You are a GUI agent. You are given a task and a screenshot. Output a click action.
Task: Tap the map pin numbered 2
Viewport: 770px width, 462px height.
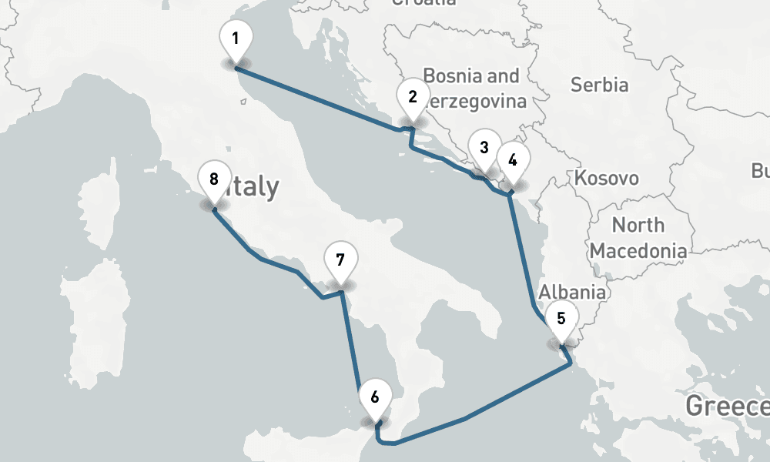(413, 99)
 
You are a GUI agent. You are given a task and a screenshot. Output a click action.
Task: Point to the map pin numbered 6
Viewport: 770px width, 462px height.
(375, 399)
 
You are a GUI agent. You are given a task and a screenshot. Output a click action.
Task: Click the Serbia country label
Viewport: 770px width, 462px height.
(599, 85)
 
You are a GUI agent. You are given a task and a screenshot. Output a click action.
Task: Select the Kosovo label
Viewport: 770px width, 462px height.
(607, 179)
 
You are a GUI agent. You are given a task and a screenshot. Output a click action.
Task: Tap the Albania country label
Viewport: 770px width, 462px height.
(572, 293)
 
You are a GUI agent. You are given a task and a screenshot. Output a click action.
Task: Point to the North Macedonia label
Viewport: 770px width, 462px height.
(638, 238)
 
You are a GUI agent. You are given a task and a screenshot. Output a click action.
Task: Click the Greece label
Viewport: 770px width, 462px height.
(727, 405)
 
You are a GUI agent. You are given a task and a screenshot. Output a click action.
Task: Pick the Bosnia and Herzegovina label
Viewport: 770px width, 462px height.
(471, 89)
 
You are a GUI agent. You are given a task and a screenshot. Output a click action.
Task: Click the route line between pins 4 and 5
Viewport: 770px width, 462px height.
(522, 254)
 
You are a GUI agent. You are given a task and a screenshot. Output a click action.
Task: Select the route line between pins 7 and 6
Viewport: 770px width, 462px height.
(350, 339)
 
